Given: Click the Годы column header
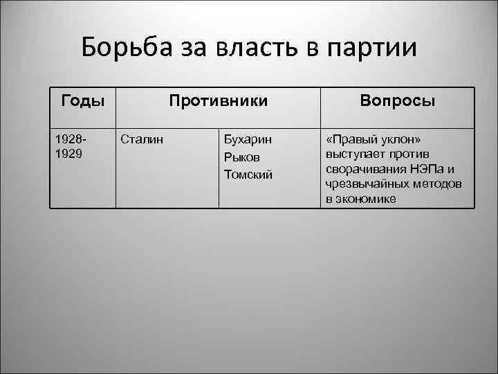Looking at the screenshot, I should pyautogui.click(x=82, y=101).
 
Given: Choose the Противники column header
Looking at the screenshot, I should pyautogui.click(x=218, y=101).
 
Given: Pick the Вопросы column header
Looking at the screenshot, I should pyautogui.click(x=397, y=101).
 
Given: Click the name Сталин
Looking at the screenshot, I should pyautogui.click(x=142, y=139).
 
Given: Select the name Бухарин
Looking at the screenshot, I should pyautogui.click(x=248, y=139).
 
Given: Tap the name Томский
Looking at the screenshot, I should pyautogui.click(x=248, y=174).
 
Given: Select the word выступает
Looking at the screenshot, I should pyautogui.click(x=354, y=154).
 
